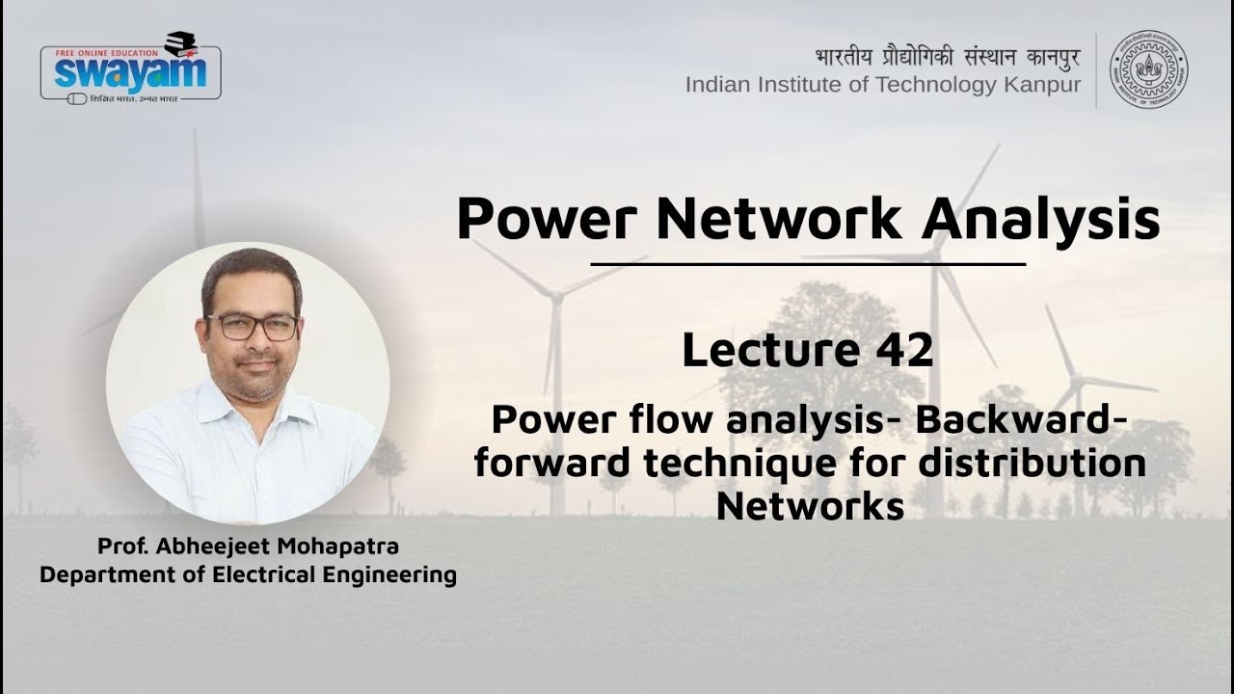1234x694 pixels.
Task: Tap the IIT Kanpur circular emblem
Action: [x=1148, y=68]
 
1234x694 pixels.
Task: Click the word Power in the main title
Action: [x=546, y=219]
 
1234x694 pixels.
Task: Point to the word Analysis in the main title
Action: [x=1040, y=219]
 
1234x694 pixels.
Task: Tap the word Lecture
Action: [x=772, y=350]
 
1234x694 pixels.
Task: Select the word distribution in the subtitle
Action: [x=1031, y=464]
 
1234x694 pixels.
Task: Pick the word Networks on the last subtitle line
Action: [x=810, y=506]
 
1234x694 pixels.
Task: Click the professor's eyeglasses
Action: [x=253, y=327]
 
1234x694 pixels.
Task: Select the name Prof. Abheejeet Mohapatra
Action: [x=248, y=547]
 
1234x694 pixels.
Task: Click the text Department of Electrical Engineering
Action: [x=248, y=575]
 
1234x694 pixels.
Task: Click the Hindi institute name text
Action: [x=947, y=57]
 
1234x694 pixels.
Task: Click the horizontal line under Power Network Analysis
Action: [x=808, y=263]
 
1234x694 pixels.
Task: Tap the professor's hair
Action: [x=252, y=270]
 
